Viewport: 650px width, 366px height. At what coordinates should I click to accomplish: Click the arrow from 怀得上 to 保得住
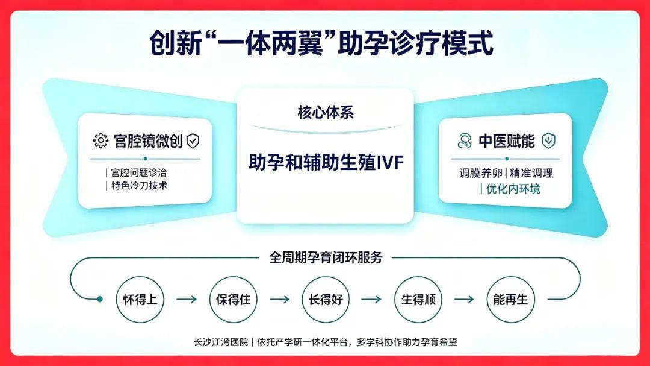point(187,299)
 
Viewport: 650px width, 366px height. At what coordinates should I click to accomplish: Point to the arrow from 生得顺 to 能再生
point(464,299)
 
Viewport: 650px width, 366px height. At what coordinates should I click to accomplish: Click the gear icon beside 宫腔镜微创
point(101,141)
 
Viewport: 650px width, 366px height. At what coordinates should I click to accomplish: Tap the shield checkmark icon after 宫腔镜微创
point(193,141)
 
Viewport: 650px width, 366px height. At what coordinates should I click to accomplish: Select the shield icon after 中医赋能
point(548,141)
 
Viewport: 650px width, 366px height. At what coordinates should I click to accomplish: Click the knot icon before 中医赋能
point(465,141)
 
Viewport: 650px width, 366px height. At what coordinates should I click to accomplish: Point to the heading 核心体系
point(326,113)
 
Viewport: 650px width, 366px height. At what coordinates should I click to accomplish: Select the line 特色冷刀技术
point(139,186)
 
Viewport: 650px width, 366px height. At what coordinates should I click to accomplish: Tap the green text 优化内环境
point(513,189)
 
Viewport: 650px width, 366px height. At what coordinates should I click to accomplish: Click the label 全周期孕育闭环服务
point(326,257)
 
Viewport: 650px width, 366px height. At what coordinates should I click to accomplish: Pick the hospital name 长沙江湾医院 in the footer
point(220,342)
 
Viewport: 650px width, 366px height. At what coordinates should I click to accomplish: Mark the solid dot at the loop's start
point(99,299)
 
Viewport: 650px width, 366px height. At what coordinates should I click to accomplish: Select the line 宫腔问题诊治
point(139,173)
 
